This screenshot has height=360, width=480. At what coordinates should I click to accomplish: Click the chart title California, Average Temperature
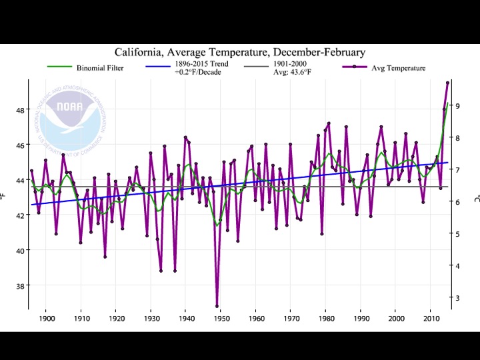[240, 53]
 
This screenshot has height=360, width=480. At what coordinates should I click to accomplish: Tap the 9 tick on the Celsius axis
[458, 105]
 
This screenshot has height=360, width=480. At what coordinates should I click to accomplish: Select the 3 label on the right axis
[458, 297]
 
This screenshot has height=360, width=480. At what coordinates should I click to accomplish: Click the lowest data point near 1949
[217, 306]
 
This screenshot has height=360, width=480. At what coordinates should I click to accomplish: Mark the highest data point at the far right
[447, 83]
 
